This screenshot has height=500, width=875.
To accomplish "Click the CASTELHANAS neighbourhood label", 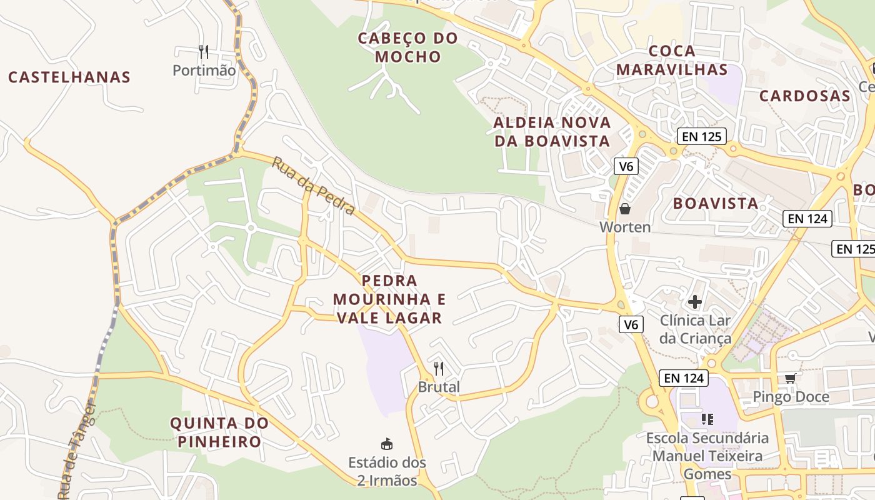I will click(69, 77).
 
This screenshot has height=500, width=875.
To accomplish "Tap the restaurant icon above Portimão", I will click(203, 51).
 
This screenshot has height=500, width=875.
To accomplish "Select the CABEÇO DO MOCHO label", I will click(407, 47).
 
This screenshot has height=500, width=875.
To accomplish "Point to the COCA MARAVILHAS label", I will click(672, 60).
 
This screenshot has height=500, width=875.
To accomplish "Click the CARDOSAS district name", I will click(805, 96).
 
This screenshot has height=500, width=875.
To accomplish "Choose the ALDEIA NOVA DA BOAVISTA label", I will click(552, 131).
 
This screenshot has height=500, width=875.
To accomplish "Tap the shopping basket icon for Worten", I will click(624, 209).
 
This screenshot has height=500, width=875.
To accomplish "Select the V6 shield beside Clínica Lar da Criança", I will click(631, 324).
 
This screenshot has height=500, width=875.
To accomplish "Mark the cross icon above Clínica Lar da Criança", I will click(695, 302).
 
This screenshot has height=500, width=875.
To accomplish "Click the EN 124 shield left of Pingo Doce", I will click(683, 377).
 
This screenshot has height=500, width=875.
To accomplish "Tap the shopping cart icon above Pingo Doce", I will click(791, 378).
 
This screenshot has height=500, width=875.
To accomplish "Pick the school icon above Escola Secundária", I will click(707, 419).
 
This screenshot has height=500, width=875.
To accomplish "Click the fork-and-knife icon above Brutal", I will click(439, 369).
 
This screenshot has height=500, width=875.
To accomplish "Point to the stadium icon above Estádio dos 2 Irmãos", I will click(387, 444).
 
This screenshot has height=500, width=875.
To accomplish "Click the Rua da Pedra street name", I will click(313, 186).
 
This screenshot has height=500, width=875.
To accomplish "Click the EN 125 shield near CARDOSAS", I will click(702, 136).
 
